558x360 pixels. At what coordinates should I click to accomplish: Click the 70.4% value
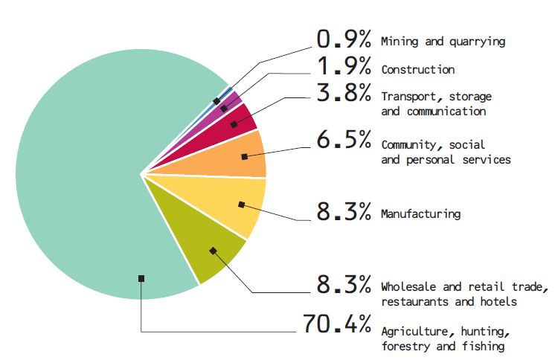[336, 325]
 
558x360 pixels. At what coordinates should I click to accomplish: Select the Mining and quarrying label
[443, 42]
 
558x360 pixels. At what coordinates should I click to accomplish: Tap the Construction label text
[417, 69]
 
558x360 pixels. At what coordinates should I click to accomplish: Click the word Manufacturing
[420, 214]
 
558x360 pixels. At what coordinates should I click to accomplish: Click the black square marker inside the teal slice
[141, 278]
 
